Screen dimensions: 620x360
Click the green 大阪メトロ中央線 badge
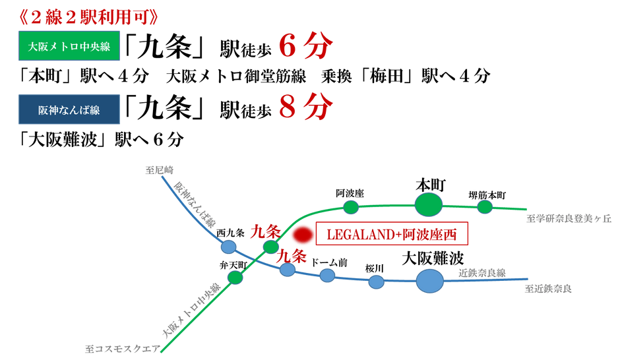point(69,46)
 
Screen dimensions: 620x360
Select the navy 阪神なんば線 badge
point(69,109)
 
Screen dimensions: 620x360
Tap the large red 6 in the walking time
point(288,46)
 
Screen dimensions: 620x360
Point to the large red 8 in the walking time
point(288,107)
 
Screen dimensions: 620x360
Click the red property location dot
point(303,235)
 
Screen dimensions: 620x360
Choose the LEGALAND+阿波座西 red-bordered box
point(392,233)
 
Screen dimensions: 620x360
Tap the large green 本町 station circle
point(429,205)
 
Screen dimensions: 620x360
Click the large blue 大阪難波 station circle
point(430,281)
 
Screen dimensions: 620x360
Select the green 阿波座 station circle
point(351,207)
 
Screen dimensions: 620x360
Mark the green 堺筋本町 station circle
point(485,206)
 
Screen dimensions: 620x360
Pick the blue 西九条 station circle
point(229,247)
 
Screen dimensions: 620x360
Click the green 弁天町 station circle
point(235,278)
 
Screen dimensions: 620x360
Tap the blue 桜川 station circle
point(377,282)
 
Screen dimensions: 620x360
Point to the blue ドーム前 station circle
point(327,275)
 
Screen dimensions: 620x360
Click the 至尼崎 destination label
point(160,170)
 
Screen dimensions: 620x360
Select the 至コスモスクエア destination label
point(123,349)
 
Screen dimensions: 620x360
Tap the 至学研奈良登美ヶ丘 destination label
point(569,218)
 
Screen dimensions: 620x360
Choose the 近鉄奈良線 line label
point(482,273)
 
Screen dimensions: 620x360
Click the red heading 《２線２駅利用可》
point(88,16)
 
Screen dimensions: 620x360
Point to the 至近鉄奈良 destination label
point(548,289)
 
